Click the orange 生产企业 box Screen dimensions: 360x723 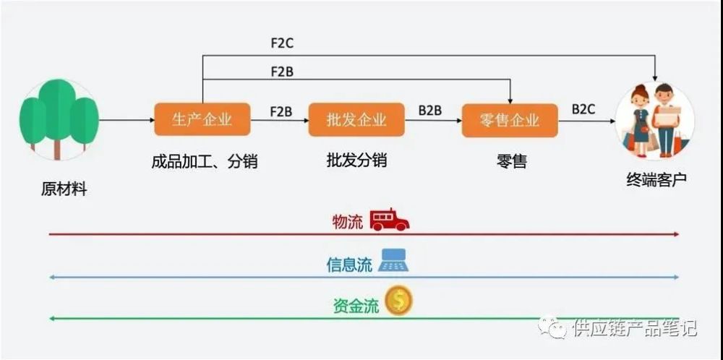coord(202,119)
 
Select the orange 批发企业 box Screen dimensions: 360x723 coord(356,119)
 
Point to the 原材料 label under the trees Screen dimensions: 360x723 coord(64,189)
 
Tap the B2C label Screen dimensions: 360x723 coord(583,109)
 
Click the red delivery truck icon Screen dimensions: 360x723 coord(389,220)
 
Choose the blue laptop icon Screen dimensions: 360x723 coord(393,260)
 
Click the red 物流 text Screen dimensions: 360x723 coord(348,222)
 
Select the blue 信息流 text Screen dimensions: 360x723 coord(349,265)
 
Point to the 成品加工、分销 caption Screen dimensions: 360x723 coord(204,161)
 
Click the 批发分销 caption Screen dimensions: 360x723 coord(356,160)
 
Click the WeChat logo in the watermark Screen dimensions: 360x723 coord(556,328)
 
